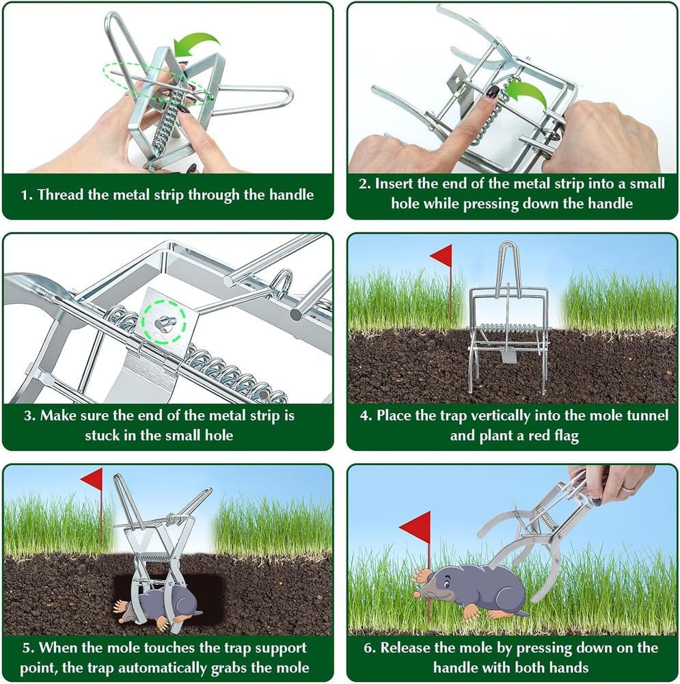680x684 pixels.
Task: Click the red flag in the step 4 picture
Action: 442,256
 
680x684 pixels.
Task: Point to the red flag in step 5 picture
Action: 92,479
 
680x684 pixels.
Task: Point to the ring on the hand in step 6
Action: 627,488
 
